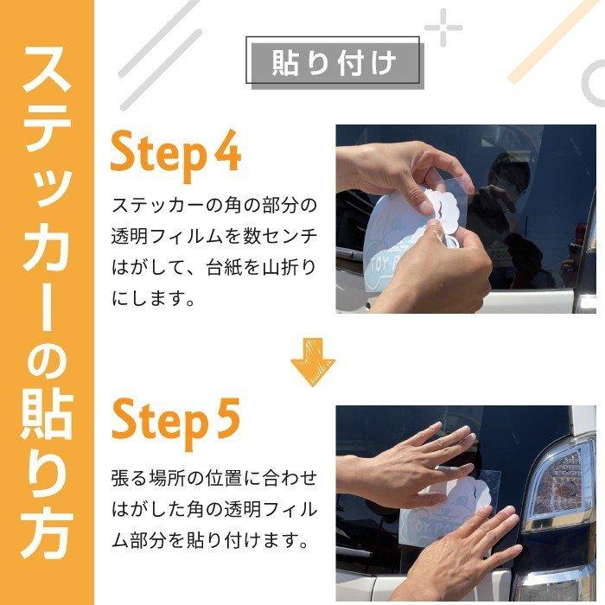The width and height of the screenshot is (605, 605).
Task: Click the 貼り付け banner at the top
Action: (334, 62)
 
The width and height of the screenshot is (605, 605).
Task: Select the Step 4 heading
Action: (175, 155)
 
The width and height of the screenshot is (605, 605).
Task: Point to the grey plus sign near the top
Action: (443, 28)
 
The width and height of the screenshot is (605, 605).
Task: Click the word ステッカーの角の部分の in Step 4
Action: (214, 207)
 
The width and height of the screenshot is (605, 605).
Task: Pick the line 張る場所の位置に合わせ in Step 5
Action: (214, 478)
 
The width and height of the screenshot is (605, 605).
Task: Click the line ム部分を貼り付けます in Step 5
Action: (211, 542)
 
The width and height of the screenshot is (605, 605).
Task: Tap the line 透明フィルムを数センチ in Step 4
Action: (214, 238)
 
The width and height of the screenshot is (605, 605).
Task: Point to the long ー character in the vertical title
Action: (47, 298)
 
